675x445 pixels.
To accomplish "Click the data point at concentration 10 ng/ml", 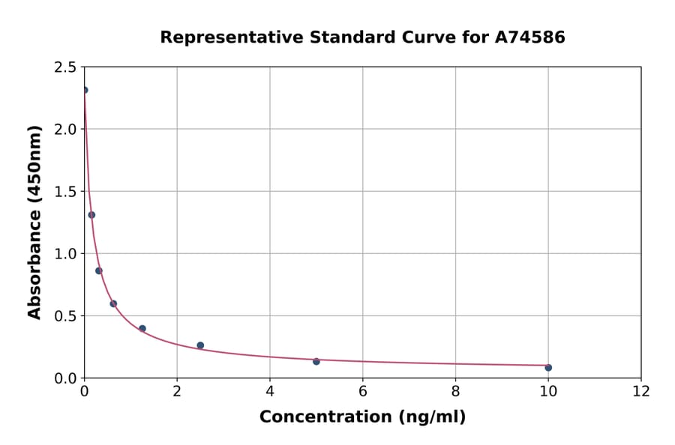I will coord(548,367).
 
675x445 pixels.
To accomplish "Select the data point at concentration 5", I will coord(316,361).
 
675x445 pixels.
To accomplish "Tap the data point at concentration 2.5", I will coord(200,345).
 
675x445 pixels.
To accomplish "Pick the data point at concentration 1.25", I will coord(142,328).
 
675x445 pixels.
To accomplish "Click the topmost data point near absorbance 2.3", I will coord(85,90).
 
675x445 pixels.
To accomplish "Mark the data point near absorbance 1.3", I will coord(91,215).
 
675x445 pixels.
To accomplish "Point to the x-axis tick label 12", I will coord(641,392).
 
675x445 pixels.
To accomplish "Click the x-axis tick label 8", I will coord(455,392).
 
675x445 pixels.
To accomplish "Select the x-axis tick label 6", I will coord(362,392).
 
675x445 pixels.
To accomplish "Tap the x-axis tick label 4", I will coord(270,392).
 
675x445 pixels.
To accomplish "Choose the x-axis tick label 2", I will coord(177,392).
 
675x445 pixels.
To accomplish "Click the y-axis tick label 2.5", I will coord(66,67).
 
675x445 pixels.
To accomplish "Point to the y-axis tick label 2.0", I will coord(66,130).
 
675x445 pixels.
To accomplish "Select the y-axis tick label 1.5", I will coord(66,192).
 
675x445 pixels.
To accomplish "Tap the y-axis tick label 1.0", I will coord(66,254).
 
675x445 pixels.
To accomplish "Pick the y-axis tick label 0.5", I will coord(66,316).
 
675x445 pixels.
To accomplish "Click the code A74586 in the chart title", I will coord(529,37).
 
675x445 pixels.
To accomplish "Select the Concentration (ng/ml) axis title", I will coord(362,417).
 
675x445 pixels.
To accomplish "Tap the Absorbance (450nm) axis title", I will coord(34,222).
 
